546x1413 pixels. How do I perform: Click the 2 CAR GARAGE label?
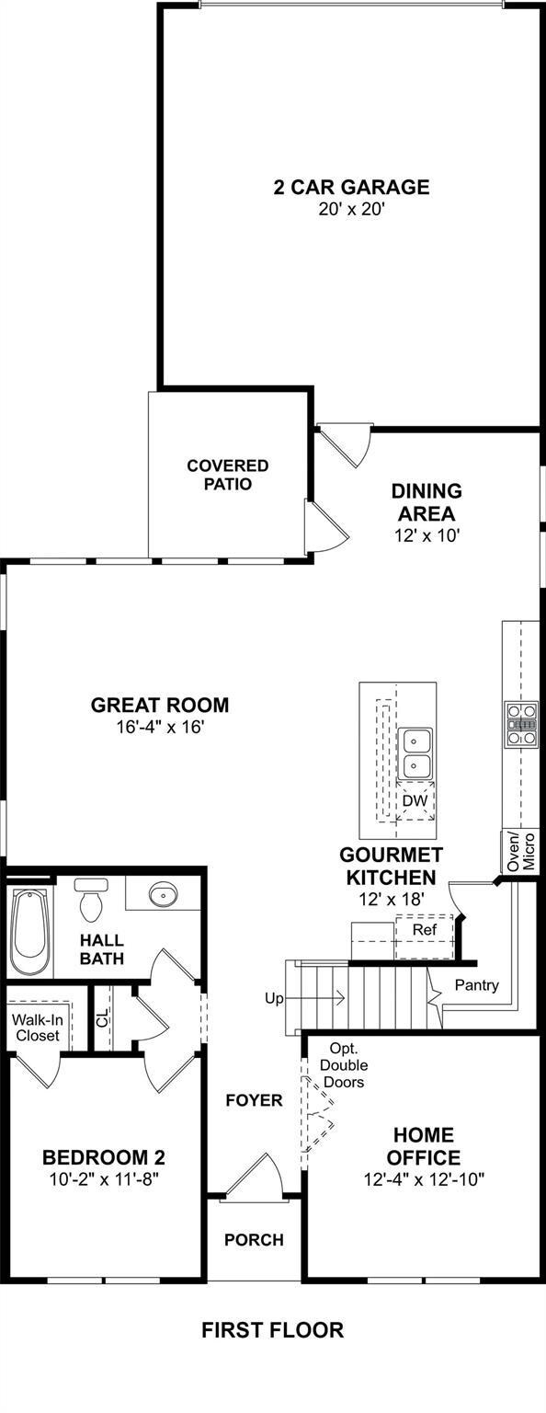(351, 187)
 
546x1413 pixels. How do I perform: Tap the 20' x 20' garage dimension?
(351, 210)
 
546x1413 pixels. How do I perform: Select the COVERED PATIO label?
(228, 475)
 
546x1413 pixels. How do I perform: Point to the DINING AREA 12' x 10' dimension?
(427, 535)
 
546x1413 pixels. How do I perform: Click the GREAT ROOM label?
(160, 705)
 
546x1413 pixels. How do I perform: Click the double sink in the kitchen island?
(415, 752)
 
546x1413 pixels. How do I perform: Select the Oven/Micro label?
(521, 851)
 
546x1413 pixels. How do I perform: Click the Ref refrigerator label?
(425, 929)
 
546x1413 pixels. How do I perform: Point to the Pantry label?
(477, 984)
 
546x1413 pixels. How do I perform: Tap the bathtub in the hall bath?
(29, 931)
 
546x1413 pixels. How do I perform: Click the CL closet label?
(103, 1017)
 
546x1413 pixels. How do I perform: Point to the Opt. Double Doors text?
(343, 1064)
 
